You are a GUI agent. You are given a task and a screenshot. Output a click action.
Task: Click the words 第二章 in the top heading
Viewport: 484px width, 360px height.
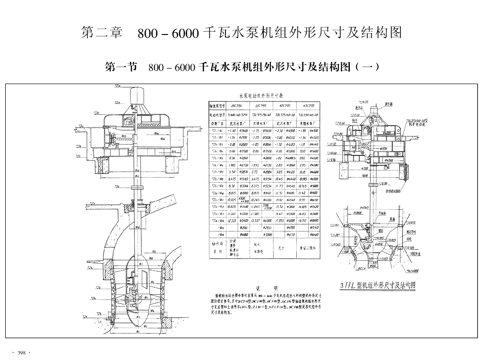coord(102,33)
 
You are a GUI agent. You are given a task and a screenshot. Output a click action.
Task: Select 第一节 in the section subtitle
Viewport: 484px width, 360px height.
coord(121,67)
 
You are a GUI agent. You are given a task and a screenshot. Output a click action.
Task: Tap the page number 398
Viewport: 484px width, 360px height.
coord(21,353)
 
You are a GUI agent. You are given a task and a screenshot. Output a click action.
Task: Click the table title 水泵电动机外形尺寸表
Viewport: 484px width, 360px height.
coord(264,95)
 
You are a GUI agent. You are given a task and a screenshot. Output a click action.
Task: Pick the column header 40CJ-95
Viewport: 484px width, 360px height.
coord(285,105)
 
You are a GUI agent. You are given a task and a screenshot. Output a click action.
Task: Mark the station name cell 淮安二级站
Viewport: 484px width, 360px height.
coord(308,247)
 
